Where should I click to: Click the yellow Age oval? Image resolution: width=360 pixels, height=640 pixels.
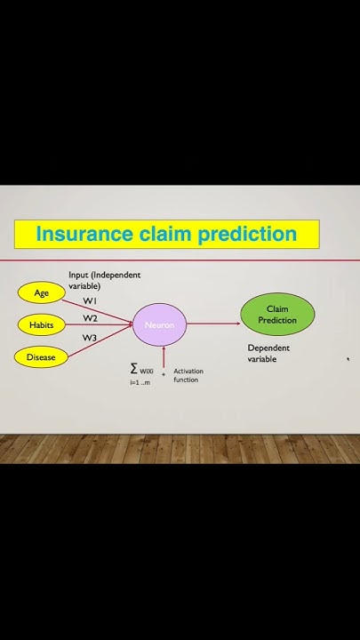click(x=42, y=292)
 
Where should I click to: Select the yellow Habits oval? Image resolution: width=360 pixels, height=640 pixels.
click(x=42, y=325)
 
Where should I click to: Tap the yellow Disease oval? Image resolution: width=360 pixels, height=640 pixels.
click(x=41, y=357)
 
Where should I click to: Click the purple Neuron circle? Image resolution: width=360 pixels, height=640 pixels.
click(x=160, y=325)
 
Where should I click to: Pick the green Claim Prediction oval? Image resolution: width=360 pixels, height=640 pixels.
click(x=277, y=315)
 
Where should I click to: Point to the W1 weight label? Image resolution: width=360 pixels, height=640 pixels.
click(x=91, y=301)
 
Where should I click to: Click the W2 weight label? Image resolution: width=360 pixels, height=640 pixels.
click(x=91, y=318)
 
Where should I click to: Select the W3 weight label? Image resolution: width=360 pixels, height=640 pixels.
click(x=90, y=338)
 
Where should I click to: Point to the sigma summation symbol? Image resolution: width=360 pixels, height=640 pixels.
click(x=134, y=368)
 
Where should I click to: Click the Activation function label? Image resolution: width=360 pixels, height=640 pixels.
click(x=187, y=375)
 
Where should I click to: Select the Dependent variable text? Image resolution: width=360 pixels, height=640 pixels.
click(x=268, y=354)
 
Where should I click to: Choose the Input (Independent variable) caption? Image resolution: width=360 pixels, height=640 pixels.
click(x=104, y=281)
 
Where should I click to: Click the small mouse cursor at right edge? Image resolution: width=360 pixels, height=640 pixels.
click(x=348, y=359)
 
